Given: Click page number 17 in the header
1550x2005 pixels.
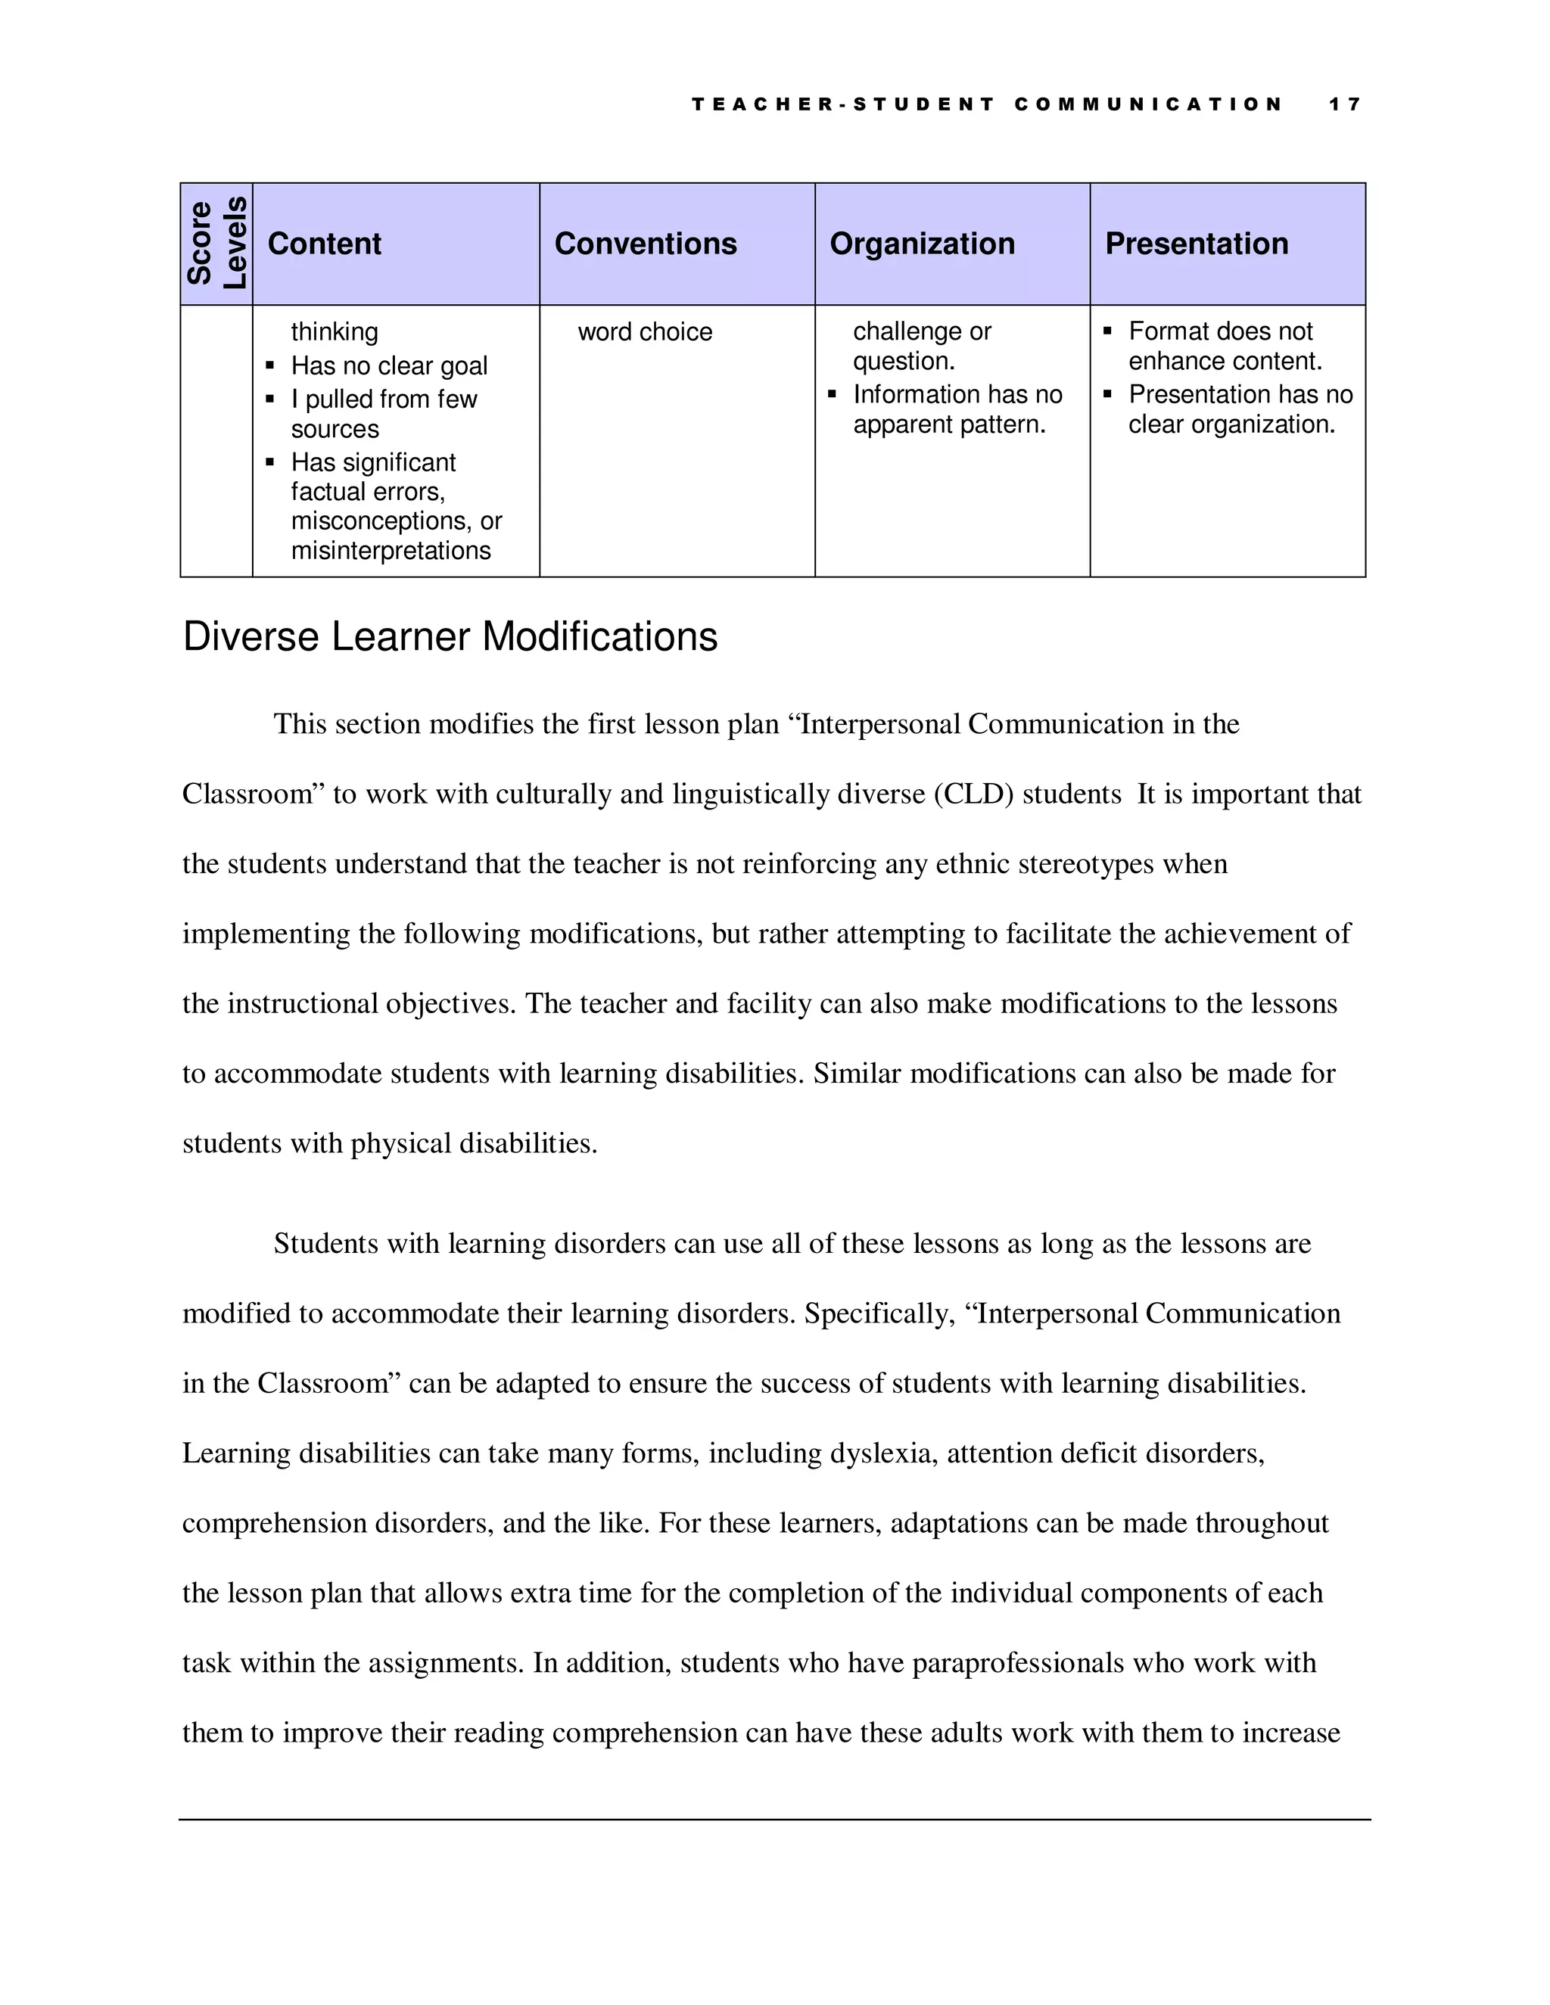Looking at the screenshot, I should (x=1344, y=104).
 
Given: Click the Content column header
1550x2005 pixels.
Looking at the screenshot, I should (x=324, y=244).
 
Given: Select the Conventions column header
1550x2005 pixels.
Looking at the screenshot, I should (x=646, y=244).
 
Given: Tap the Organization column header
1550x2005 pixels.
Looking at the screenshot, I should (x=922, y=244).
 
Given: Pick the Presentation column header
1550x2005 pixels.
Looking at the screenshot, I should (x=1197, y=244).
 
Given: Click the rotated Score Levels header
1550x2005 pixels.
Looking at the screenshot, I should (x=216, y=244).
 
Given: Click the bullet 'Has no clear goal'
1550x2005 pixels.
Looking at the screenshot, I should (x=388, y=365).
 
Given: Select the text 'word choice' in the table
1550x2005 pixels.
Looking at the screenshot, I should (x=645, y=331).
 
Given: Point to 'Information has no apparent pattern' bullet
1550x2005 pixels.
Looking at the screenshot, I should (x=957, y=409).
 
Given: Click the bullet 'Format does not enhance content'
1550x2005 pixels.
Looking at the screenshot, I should (x=1225, y=346).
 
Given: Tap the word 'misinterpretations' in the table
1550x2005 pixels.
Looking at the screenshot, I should (x=391, y=551).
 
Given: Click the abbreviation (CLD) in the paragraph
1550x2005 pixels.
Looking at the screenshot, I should (x=973, y=794).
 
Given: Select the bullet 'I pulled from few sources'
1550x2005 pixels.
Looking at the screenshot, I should (x=384, y=414).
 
